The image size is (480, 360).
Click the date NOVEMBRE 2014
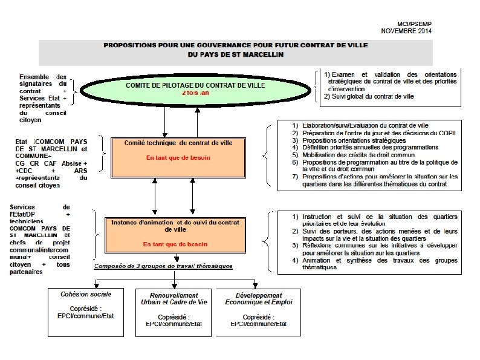click(406, 30)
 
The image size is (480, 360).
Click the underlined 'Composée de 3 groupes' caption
click(163, 266)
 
